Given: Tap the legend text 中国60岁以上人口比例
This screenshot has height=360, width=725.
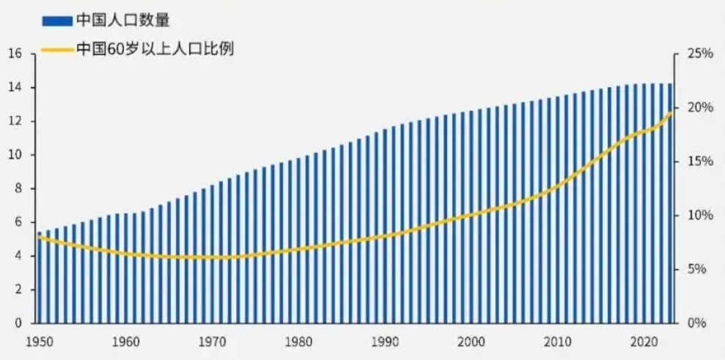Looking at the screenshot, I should (155, 50).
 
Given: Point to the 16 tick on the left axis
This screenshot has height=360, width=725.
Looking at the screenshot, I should (15, 54).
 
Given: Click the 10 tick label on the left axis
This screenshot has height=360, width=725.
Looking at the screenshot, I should (15, 155).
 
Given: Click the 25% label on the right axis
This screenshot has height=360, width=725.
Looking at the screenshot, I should (699, 54).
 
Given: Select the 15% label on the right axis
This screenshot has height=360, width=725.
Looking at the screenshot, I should (699, 161).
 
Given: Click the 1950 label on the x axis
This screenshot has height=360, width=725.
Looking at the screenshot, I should (38, 342).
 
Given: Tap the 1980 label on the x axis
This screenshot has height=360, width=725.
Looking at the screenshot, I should (298, 342).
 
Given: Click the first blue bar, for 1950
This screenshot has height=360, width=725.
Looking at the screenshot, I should (40, 279).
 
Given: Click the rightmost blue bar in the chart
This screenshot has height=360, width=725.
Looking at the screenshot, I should (670, 205).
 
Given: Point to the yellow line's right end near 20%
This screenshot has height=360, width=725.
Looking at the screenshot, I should (671, 112).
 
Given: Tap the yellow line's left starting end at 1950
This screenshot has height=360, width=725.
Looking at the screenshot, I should (39, 237).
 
